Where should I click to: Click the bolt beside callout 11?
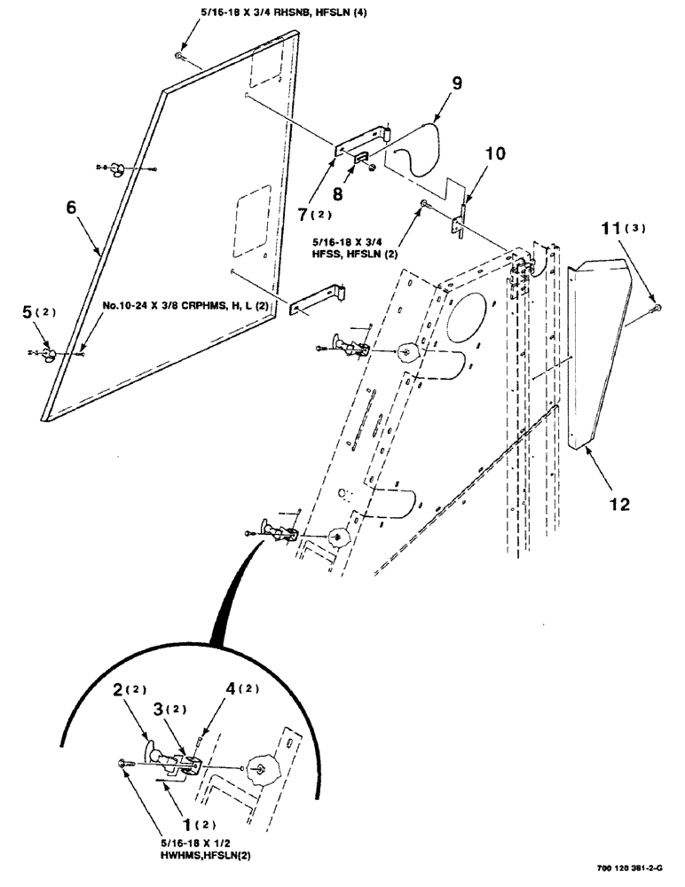click(656, 308)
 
